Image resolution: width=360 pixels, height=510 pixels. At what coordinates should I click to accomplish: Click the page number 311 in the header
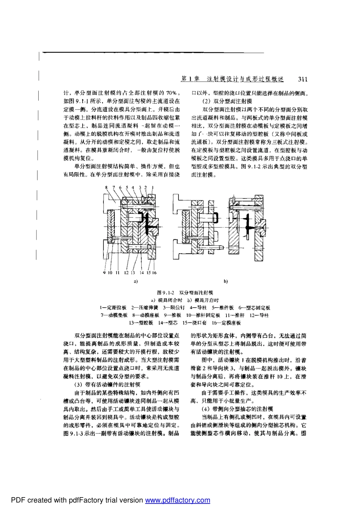(x=303, y=79)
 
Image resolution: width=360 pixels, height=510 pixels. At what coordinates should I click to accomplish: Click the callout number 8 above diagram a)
(x=106, y=187)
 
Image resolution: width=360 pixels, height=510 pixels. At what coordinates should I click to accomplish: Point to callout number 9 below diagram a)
(x=104, y=272)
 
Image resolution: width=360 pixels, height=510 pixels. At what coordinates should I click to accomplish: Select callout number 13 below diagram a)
(x=133, y=272)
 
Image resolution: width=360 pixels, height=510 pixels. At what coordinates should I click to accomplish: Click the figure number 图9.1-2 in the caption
(x=165, y=293)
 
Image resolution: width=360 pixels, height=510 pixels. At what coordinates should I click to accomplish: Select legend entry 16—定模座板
(x=226, y=323)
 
